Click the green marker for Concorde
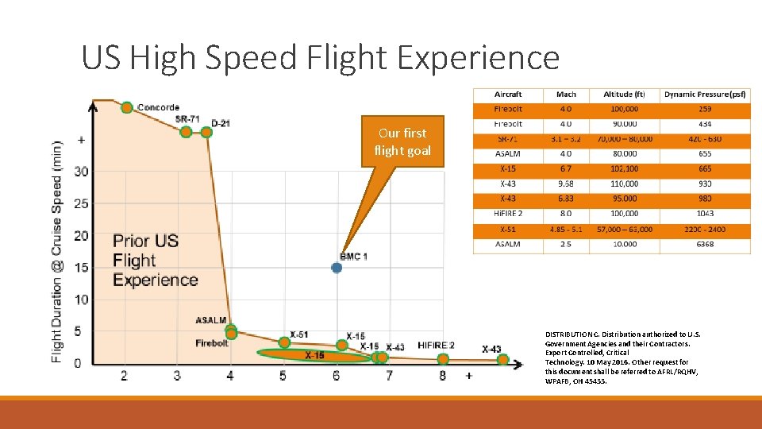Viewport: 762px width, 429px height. point(126,107)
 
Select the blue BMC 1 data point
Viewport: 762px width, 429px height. point(337,268)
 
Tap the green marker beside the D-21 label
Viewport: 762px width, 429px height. point(206,132)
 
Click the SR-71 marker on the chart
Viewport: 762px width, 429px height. point(186,132)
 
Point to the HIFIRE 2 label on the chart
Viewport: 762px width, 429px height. point(436,346)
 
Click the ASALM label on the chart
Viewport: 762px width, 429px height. point(211,320)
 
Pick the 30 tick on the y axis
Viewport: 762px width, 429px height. point(81,172)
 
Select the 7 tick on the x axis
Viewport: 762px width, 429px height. point(389,376)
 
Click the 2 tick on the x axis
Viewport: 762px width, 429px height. point(124,376)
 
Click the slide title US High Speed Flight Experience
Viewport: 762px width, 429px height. point(320,58)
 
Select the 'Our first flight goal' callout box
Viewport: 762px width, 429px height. point(402,142)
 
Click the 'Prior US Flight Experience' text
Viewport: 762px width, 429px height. point(156,261)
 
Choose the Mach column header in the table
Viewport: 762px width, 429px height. point(566,95)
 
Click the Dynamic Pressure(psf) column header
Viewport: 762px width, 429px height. point(705,95)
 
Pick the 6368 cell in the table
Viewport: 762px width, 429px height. point(705,245)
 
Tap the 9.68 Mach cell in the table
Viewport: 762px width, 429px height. point(566,184)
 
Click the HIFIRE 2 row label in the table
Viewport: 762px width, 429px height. point(508,214)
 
